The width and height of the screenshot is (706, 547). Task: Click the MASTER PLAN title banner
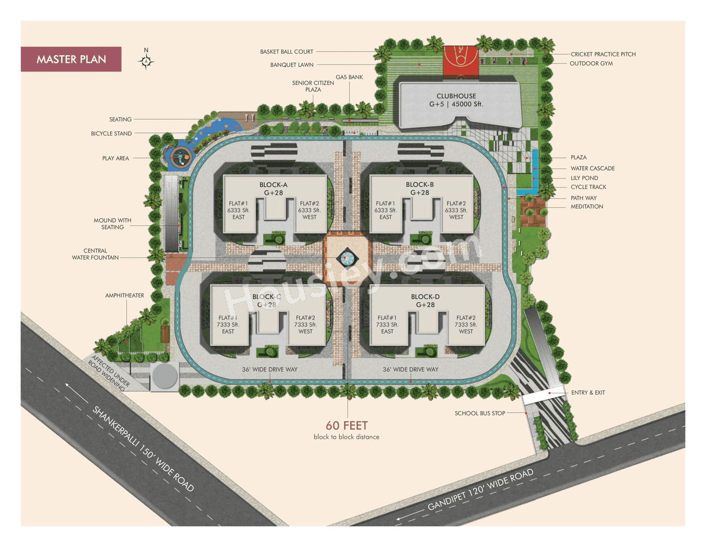click(71, 60)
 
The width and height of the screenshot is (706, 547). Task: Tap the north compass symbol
click(146, 61)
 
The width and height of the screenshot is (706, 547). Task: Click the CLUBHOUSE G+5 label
click(456, 100)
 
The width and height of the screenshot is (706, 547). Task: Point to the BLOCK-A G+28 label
click(274, 189)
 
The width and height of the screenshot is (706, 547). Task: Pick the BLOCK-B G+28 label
click(420, 189)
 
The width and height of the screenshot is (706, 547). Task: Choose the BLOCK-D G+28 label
click(425, 301)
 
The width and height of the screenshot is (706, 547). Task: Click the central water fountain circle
click(346, 258)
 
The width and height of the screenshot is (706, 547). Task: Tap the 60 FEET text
click(346, 425)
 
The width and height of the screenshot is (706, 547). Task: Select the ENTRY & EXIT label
click(588, 393)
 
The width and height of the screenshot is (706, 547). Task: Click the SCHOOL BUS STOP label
click(480, 413)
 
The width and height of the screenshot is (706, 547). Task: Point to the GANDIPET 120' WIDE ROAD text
click(480, 490)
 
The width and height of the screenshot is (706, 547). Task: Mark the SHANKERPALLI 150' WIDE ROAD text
click(143, 449)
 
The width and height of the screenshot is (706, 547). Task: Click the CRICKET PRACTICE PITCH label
click(603, 54)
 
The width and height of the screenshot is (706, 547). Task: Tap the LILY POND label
click(584, 178)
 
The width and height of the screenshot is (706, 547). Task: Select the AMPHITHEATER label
click(125, 296)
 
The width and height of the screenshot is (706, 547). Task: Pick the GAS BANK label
click(349, 77)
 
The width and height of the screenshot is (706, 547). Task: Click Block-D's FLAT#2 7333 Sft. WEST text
click(466, 324)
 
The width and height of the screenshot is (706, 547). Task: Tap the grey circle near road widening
click(164, 377)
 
